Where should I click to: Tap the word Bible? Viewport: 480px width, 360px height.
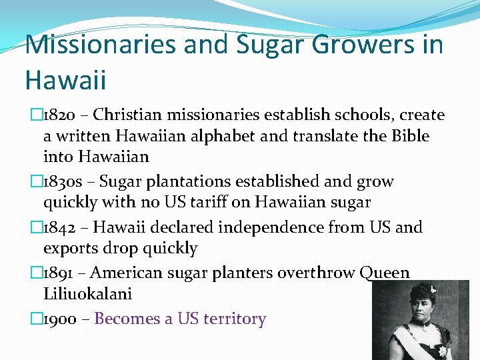click(x=407, y=136)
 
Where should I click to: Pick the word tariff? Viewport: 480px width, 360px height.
click(x=231, y=202)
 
